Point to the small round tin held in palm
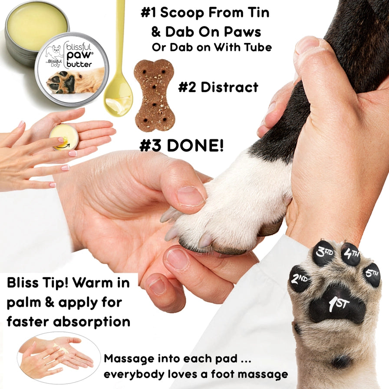(64, 136)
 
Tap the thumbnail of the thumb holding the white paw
(190, 196)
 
